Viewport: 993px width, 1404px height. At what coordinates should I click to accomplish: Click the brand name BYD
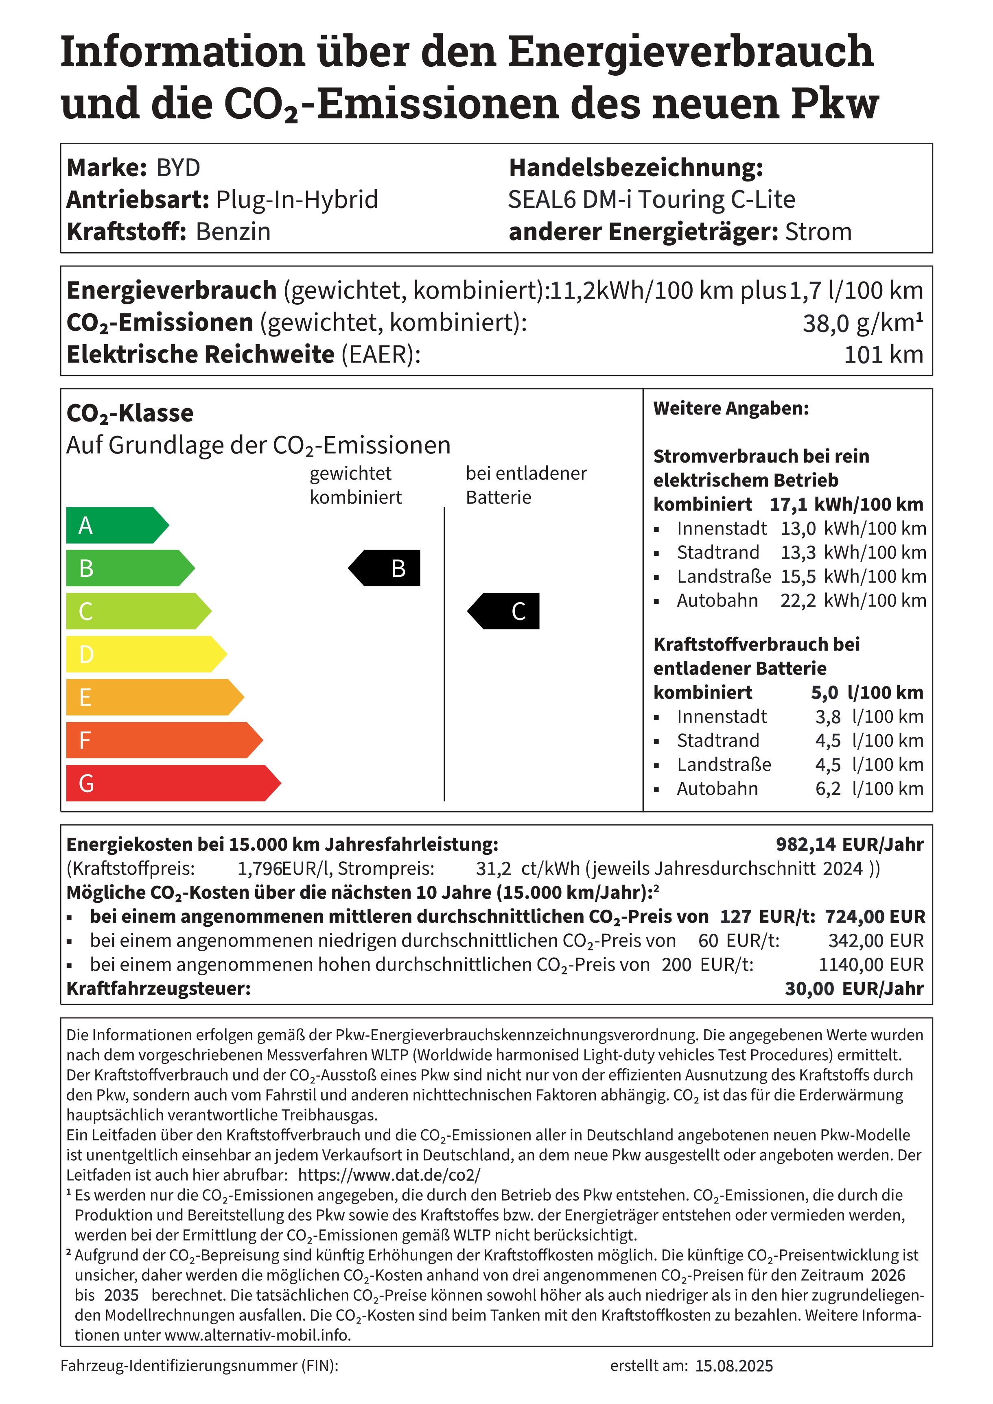[178, 168]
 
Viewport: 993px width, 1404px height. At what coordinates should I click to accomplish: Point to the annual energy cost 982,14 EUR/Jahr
[849, 845]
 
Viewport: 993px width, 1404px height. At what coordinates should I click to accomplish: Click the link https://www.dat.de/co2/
[389, 1175]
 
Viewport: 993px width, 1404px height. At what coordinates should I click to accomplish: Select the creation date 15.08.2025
[734, 1366]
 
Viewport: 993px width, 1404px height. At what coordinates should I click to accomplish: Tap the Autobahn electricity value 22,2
[798, 600]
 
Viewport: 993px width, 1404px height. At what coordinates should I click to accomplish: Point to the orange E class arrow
[153, 697]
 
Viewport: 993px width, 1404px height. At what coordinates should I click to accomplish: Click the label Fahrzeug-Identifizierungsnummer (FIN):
[199, 1366]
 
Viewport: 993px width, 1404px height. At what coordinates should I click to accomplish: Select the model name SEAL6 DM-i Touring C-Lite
[652, 200]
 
